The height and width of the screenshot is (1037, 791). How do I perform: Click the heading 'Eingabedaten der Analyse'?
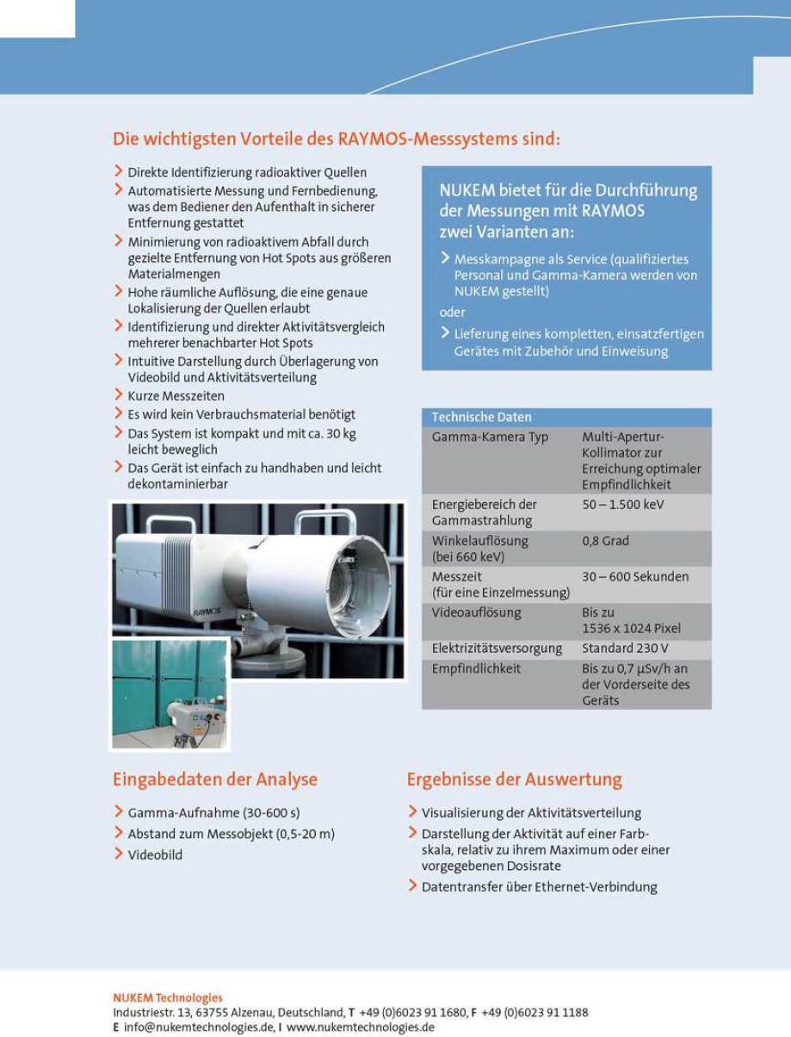[215, 779]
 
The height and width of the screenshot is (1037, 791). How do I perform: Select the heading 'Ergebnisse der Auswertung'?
[514, 779]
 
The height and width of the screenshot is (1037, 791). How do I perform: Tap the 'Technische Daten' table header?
[481, 417]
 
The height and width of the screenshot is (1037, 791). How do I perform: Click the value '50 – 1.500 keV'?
[623, 505]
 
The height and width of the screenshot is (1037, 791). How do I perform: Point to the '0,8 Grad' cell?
[605, 541]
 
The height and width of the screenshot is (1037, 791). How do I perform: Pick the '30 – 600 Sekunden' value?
[635, 577]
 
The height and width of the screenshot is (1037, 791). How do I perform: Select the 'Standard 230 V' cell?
[625, 649]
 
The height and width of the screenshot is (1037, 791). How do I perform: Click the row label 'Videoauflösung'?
[476, 612]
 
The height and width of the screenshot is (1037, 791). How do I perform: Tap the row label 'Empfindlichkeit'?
[476, 668]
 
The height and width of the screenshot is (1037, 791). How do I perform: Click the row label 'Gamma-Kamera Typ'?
[490, 437]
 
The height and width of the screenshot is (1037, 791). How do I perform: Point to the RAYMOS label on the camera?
[207, 611]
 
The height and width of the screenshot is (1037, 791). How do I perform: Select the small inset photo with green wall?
[170, 694]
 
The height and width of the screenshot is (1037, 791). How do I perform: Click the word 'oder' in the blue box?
[452, 312]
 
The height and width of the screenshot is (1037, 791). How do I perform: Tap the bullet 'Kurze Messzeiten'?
[176, 396]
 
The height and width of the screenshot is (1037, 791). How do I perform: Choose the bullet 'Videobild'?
[155, 855]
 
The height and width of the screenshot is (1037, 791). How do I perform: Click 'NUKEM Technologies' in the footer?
[167, 998]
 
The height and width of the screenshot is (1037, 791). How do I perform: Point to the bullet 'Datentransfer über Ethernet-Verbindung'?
[539, 887]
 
